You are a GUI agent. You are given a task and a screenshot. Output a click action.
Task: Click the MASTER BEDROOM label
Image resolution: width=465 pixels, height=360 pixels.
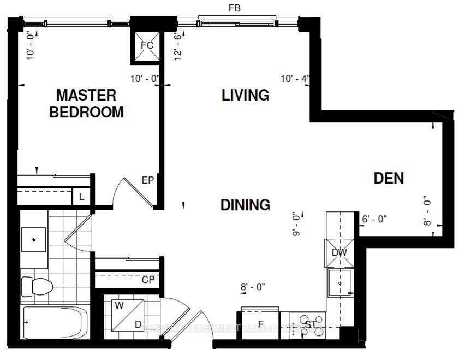[x=86, y=104]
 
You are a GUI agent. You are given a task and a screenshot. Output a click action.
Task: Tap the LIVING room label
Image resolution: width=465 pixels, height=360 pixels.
[x=245, y=95]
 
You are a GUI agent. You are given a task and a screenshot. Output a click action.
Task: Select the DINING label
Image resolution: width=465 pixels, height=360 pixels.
[x=245, y=205]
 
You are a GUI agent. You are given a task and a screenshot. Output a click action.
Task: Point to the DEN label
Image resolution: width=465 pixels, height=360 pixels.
[x=389, y=178]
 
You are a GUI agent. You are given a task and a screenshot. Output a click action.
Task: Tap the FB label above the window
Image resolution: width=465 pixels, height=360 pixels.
[x=235, y=8]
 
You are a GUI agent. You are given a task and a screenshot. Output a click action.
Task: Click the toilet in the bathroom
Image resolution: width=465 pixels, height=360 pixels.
[x=35, y=286]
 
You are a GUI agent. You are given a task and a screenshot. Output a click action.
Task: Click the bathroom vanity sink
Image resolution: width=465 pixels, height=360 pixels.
[x=34, y=239]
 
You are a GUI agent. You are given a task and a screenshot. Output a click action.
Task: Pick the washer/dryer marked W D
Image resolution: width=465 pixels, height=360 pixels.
[x=128, y=316]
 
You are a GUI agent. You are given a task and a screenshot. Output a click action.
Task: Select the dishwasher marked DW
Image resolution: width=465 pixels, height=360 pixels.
[x=339, y=252]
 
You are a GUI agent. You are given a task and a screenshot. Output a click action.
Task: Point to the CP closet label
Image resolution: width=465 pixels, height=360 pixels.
[x=147, y=280]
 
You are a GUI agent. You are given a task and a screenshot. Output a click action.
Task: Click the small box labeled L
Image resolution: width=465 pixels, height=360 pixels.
[x=81, y=197]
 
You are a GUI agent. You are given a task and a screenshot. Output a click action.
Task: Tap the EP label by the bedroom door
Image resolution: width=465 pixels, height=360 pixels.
[x=147, y=180]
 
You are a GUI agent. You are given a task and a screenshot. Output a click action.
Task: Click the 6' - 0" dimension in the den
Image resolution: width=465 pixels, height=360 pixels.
[x=374, y=219]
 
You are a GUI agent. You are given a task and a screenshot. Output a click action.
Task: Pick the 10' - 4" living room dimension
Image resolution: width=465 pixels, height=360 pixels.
[x=295, y=79]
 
